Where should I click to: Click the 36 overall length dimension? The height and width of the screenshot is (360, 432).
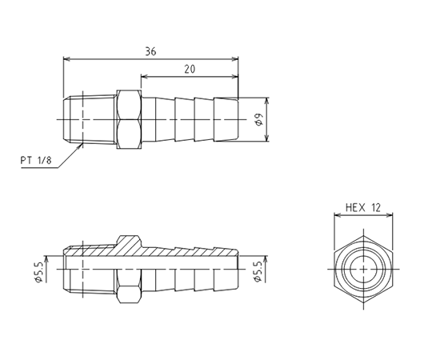pos(150,51)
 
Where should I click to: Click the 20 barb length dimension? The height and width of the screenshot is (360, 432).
pos(190,69)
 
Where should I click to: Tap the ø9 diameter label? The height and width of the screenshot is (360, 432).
pos(259,119)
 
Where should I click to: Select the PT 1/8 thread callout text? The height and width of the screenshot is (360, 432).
pos(36,160)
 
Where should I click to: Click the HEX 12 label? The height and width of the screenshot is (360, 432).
pos(363,207)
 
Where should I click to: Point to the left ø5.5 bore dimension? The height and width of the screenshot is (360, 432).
pos(38,272)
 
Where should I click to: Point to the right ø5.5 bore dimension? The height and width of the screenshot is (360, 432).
pos(258,272)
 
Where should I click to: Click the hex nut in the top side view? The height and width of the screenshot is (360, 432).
pos(129,119)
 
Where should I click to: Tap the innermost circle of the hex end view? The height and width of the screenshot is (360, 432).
pos(363,269)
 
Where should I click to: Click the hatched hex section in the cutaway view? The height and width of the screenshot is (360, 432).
pos(130,245)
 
